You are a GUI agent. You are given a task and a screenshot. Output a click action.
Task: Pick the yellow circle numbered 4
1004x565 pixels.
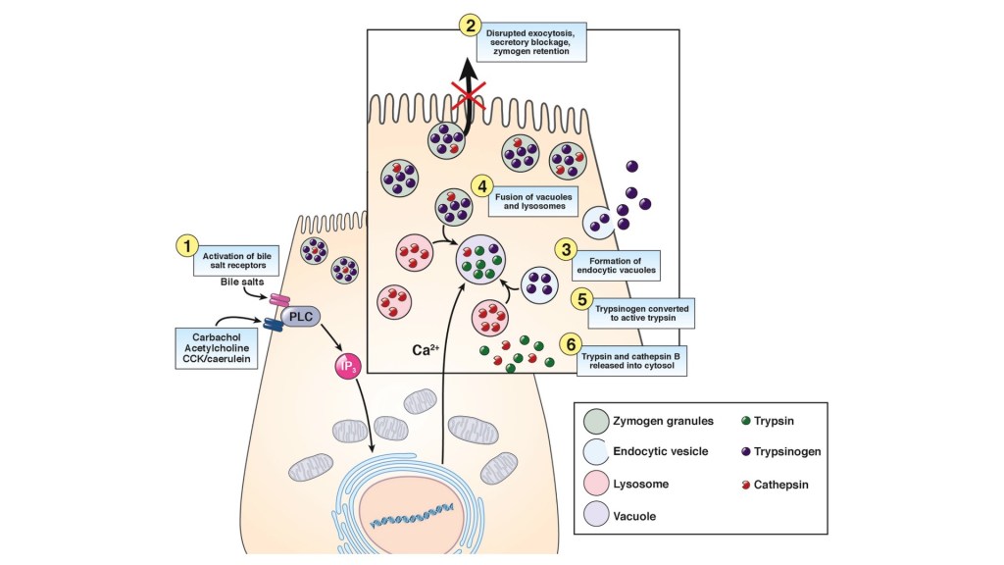pos(481,185)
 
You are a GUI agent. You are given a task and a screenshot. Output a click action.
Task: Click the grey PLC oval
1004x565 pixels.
pos(304,318)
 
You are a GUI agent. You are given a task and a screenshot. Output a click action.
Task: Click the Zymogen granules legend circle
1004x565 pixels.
pos(596,421)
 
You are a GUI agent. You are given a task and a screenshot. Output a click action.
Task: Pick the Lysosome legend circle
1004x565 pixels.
pos(596,485)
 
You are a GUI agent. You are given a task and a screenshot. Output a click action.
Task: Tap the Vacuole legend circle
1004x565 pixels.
pos(596,516)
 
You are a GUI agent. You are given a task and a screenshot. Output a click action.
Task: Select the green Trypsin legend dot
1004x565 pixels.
pos(746,421)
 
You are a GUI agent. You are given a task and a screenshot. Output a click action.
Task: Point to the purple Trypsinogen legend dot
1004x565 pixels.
pos(746,452)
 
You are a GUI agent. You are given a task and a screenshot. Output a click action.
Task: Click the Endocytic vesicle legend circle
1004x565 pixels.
pos(596,452)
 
